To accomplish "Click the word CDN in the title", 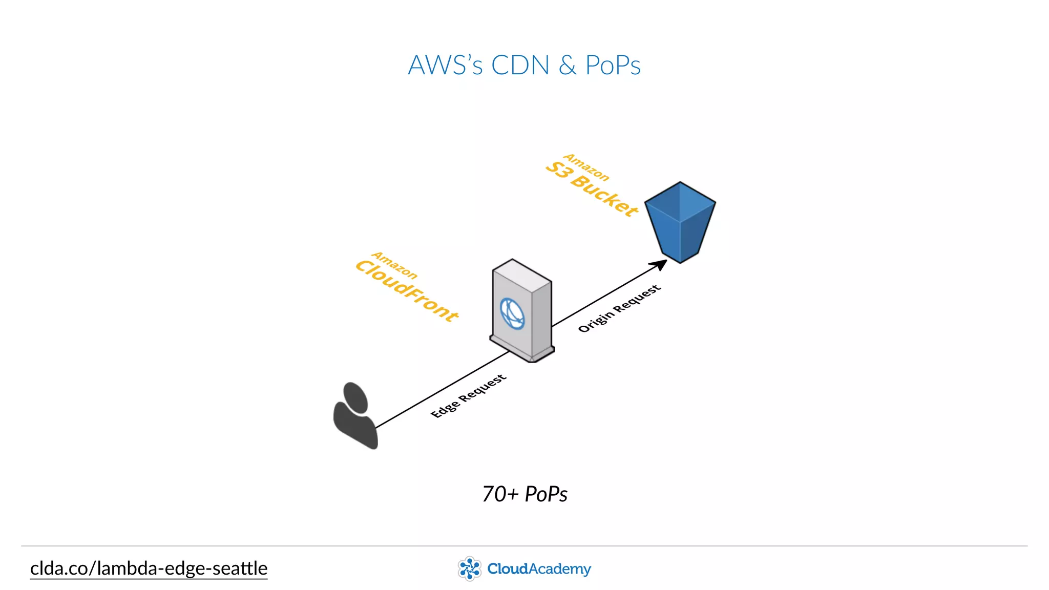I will (x=520, y=66).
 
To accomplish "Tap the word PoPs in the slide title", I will (x=613, y=66).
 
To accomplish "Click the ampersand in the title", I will (x=568, y=66).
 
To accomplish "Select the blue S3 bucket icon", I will (x=680, y=223).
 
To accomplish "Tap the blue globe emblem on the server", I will (x=512, y=313).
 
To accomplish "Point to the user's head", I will (x=355, y=397).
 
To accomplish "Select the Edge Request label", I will (x=468, y=396).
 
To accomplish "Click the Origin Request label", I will (x=619, y=309).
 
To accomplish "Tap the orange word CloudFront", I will (x=407, y=290).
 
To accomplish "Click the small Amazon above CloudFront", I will (x=394, y=265).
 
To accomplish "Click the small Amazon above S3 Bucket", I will (x=586, y=167).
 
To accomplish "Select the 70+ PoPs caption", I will (x=524, y=494).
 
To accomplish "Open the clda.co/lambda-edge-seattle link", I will (x=149, y=568).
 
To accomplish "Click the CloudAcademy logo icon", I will (x=469, y=568).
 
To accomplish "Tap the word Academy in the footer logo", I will (x=560, y=569).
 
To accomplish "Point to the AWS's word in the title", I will (x=445, y=66).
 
